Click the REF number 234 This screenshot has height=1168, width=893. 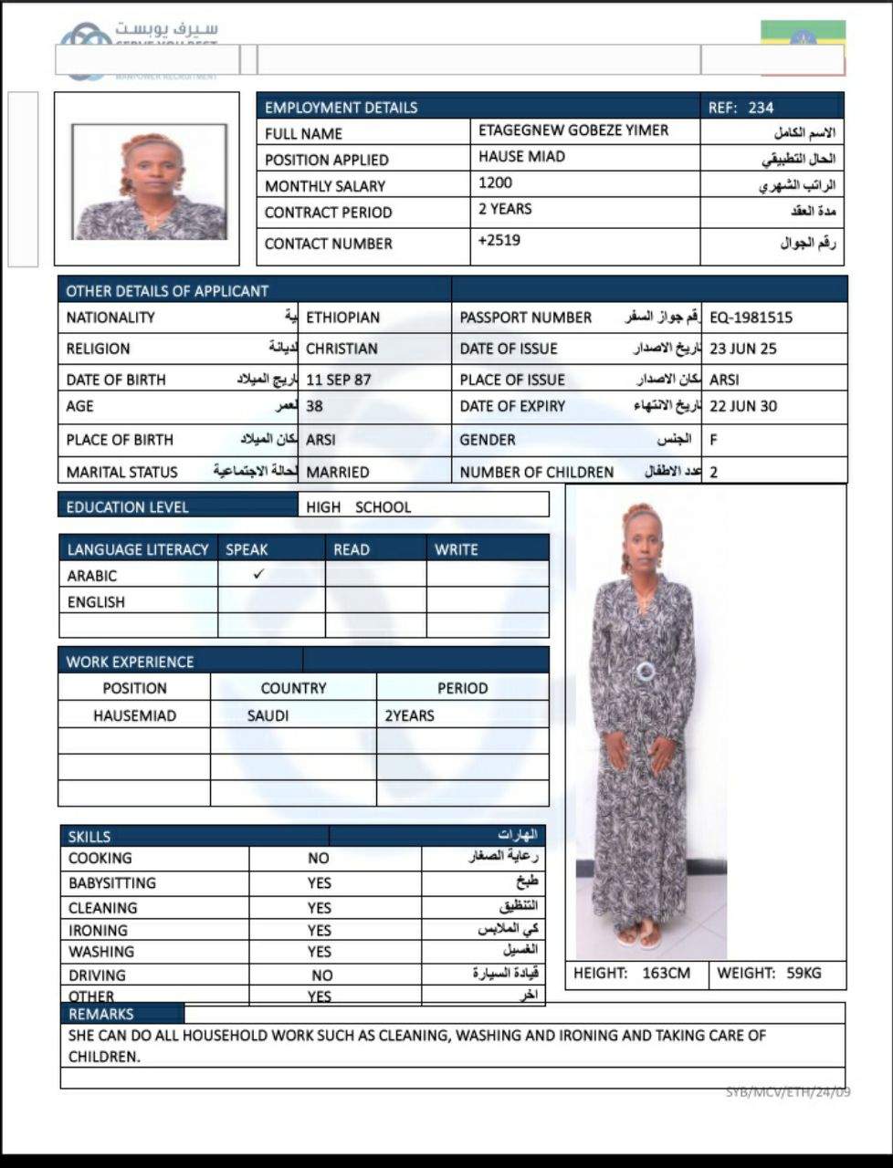coord(761,108)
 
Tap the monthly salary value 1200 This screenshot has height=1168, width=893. coord(495,182)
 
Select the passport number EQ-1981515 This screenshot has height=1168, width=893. coord(751,318)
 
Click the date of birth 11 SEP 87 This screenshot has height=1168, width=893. coord(338,380)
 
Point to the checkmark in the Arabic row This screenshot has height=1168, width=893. coord(259,574)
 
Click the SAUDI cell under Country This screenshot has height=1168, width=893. coord(268,715)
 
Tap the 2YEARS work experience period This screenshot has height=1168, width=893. coord(409,715)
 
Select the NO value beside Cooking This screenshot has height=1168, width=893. coord(318,858)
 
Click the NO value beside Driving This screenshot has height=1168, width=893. coord(321,975)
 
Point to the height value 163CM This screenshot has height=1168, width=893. coord(666,973)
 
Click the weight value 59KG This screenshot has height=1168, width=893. coord(804,973)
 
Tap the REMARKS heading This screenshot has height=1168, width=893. coord(100,1014)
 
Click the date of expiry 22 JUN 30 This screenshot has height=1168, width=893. coord(742,406)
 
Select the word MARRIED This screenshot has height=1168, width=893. coord(338,472)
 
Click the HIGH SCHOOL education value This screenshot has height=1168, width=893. coord(358,506)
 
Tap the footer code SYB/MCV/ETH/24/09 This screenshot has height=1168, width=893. coord(788,1091)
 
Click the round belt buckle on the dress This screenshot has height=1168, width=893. coord(646,672)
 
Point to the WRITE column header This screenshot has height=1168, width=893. coord(456,549)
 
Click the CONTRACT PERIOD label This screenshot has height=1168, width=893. coord(328,213)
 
